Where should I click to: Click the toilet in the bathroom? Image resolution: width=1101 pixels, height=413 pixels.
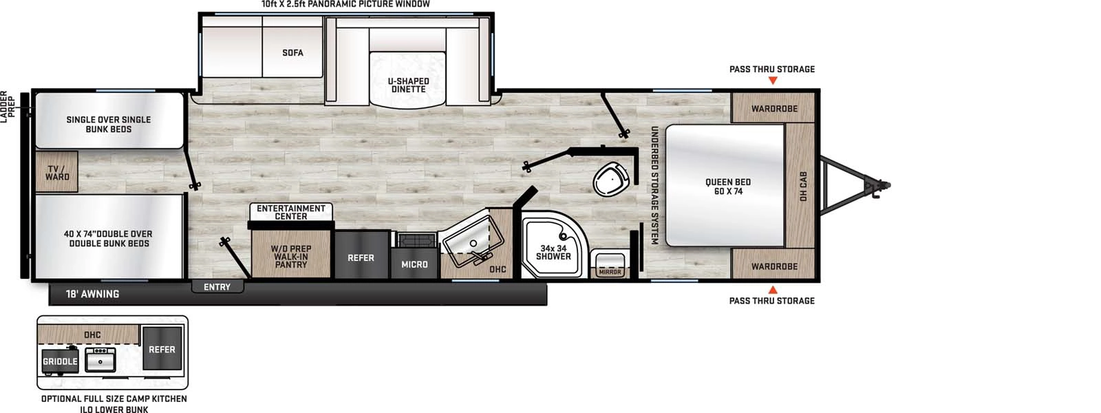[x=608, y=180]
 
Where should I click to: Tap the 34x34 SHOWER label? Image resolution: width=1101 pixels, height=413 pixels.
[x=553, y=253]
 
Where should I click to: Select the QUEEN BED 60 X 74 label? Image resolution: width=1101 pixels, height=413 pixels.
[x=728, y=187]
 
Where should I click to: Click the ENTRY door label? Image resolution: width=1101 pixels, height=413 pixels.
[x=217, y=287]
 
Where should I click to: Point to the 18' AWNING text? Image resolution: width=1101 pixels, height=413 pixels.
[x=92, y=294]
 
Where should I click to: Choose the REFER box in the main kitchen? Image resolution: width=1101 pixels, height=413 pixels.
[x=361, y=257]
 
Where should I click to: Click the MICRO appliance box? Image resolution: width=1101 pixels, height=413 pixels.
[x=414, y=264]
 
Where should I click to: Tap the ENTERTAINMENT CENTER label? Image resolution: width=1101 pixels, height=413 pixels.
[x=291, y=212]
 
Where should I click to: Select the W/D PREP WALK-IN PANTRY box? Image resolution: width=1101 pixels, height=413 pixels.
[x=291, y=256]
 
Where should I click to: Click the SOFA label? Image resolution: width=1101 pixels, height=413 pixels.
[x=292, y=52]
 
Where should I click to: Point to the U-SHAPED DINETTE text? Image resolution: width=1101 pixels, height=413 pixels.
[x=408, y=85]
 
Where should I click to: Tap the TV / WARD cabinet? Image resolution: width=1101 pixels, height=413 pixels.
[x=57, y=172]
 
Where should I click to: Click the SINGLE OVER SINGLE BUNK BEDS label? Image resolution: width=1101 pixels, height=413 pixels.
[x=109, y=124]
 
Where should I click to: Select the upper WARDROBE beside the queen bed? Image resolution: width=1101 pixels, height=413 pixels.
[x=774, y=108]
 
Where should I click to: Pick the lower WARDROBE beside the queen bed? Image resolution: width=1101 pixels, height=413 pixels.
[x=774, y=266]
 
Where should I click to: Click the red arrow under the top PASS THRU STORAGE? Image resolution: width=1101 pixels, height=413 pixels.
[x=773, y=81]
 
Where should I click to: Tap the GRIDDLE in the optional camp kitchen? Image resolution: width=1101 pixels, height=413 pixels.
[x=60, y=361]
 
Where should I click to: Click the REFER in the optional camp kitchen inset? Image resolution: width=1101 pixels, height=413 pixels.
[x=162, y=350]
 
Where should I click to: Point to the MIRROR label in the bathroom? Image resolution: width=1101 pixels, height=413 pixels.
[x=610, y=272]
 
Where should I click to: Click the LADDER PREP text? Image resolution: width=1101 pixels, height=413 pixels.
[x=7, y=107]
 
